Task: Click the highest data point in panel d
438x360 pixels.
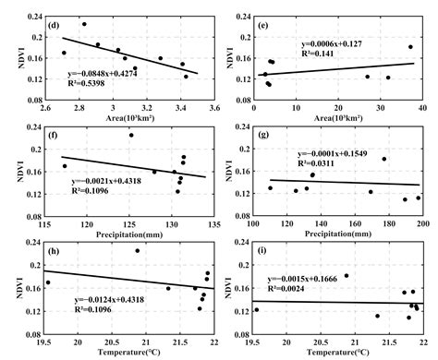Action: click(84, 24)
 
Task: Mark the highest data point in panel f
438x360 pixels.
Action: click(131, 136)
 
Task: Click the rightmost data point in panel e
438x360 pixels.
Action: click(410, 47)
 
